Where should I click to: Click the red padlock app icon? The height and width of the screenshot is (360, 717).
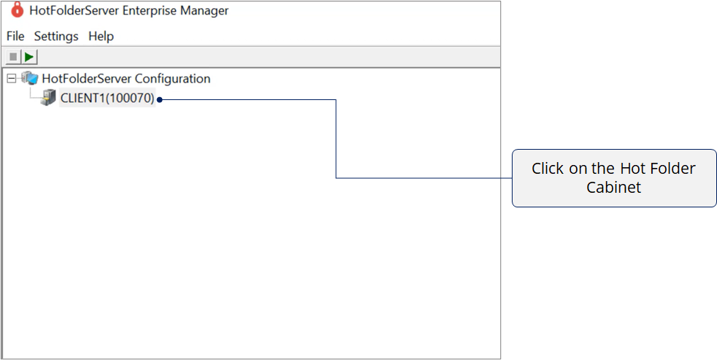click(x=17, y=10)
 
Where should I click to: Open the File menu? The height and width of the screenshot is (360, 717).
click(x=15, y=36)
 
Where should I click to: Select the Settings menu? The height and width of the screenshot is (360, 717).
click(x=56, y=37)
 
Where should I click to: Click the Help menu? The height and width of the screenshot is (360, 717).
click(x=101, y=37)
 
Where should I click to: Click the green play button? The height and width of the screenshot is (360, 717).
click(x=30, y=57)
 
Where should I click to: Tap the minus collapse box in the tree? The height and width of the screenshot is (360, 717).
click(x=12, y=79)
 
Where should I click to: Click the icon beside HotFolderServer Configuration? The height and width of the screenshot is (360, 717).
click(x=29, y=78)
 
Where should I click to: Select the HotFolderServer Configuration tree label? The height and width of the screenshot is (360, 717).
click(x=126, y=79)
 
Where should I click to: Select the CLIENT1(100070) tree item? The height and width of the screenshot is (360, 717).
click(x=107, y=99)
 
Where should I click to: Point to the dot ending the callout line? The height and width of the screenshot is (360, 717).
click(x=160, y=99)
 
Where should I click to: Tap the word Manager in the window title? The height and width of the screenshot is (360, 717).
click(x=204, y=10)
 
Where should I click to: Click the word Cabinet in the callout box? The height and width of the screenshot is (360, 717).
click(x=613, y=188)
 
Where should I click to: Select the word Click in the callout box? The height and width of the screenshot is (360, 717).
click(x=548, y=169)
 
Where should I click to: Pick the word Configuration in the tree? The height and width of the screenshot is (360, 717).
click(x=173, y=79)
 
